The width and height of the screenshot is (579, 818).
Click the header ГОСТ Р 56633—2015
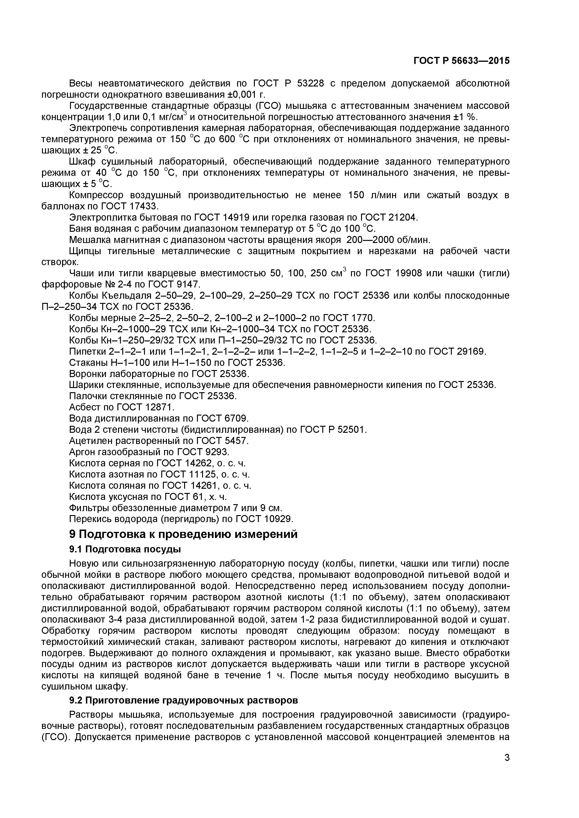point(461,61)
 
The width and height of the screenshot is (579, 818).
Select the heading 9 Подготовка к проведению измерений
point(183,534)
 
